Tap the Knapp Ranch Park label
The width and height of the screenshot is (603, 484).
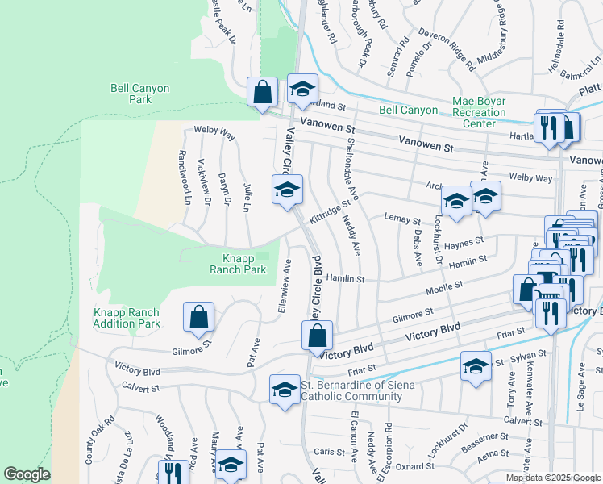tap(243, 264)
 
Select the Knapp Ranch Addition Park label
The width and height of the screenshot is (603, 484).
tap(127, 318)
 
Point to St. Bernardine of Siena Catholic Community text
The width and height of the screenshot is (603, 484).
tap(357, 390)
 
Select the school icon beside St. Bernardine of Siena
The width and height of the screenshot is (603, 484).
tap(284, 390)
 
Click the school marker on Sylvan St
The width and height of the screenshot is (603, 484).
tap(476, 366)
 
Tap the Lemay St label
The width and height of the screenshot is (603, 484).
tap(403, 219)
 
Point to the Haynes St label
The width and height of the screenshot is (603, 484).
tap(464, 241)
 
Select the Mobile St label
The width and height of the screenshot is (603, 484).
tap(444, 286)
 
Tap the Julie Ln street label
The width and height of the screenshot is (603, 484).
tap(249, 198)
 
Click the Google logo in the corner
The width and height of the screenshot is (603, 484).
tap(27, 475)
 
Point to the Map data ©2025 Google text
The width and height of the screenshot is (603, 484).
tap(552, 478)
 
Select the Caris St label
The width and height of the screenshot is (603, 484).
tap(329, 452)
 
